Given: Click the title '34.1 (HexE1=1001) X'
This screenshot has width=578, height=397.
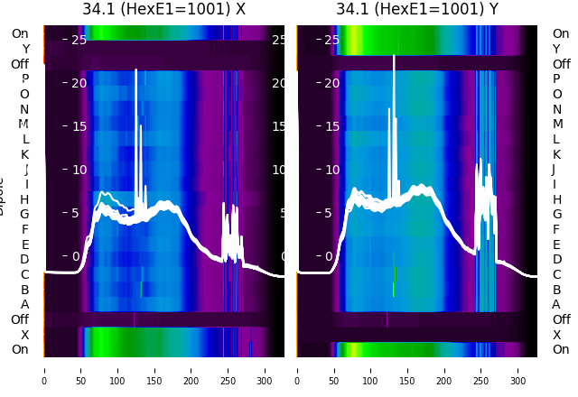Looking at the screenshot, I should click(163, 10).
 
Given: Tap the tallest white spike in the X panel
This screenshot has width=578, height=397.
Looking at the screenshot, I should click(136, 70).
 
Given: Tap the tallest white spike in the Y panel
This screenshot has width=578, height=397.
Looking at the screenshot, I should click(394, 57).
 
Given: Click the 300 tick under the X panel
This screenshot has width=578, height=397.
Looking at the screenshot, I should click(266, 369).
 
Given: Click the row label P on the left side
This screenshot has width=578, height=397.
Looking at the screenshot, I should click(25, 79).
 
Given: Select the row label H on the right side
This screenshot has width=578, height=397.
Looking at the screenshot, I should click(557, 199).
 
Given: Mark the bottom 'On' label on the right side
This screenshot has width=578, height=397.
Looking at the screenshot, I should click(561, 349).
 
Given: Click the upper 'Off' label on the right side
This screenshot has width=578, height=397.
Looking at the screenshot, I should click(561, 64).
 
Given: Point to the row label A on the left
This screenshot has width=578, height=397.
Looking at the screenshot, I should click(25, 304).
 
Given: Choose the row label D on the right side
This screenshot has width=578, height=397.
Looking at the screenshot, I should click(557, 259).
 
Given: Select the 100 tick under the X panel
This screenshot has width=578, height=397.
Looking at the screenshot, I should click(117, 369).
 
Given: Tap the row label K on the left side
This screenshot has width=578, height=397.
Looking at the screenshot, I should click(25, 154).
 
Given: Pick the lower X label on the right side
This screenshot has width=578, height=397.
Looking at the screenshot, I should click(557, 335).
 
